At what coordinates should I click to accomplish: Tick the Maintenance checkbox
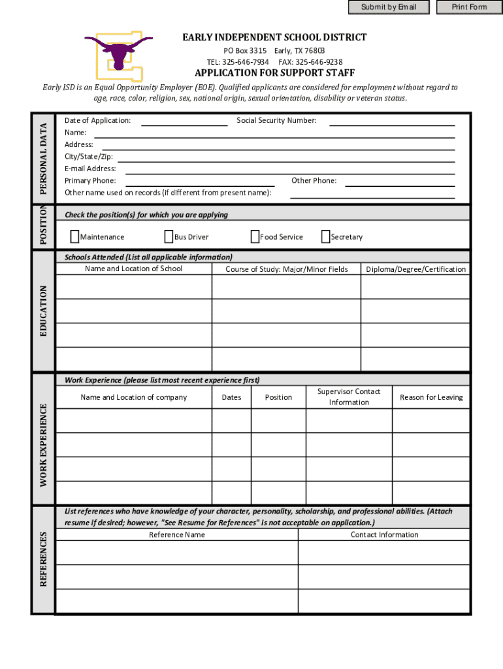tap(74, 237)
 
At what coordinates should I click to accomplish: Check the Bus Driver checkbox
tap(169, 237)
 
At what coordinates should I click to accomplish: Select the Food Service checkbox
tap(255, 237)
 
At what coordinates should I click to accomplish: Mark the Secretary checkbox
tap(325, 237)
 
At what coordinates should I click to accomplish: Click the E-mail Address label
tap(90, 169)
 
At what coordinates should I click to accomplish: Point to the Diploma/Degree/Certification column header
tap(416, 269)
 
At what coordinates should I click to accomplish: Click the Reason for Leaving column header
tap(431, 397)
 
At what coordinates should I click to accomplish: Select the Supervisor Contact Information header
tap(349, 397)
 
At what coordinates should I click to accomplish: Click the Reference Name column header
tap(177, 534)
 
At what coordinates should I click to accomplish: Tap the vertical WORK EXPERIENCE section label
tap(44, 445)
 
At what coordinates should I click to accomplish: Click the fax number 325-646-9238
tap(319, 62)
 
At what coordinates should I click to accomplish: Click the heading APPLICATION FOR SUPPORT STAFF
tap(274, 73)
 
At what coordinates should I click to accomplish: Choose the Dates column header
tap(231, 397)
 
